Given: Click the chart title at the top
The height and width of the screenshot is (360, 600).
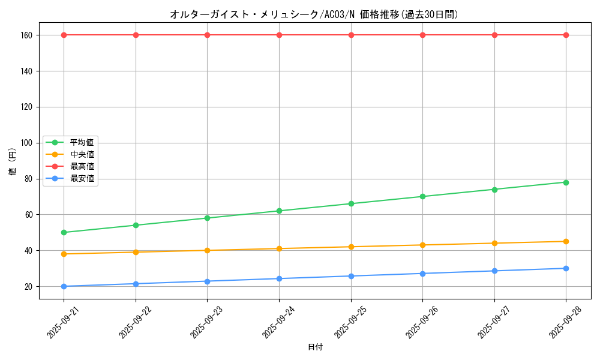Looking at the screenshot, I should coord(314,14).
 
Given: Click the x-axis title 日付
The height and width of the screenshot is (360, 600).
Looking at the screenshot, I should coord(315,347).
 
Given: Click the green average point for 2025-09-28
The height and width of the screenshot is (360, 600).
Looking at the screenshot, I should coord(566,182).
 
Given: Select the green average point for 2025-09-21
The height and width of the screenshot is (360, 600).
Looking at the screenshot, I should coord(64,232).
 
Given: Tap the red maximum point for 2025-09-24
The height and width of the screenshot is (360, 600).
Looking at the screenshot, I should coord(279,35).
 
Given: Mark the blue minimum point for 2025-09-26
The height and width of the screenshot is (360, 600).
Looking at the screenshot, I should coord(422,274).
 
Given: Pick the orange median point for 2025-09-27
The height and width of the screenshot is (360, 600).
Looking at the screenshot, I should coord(494,243).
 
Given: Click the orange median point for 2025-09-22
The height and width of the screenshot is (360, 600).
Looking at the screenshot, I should coord(136,252).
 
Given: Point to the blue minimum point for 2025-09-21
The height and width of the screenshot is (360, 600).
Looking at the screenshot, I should coord(64,286).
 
